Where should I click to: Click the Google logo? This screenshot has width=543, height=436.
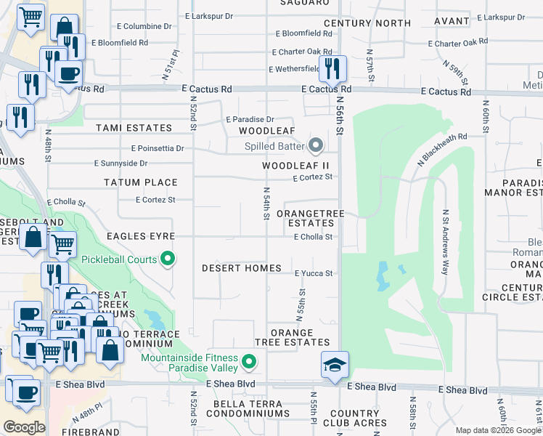coord(24,427)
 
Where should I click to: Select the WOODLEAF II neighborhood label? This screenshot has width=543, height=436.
coord(295,166)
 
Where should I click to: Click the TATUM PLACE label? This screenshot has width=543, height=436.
coord(141,182)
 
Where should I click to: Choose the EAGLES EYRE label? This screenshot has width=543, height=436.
coord(141,236)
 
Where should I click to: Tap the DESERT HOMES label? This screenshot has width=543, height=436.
coord(242,268)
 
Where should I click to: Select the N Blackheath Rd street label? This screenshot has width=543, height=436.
coord(441,148)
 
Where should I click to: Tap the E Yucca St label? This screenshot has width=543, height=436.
coord(313,274)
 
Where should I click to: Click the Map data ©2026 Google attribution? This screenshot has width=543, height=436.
coord(498,430)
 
